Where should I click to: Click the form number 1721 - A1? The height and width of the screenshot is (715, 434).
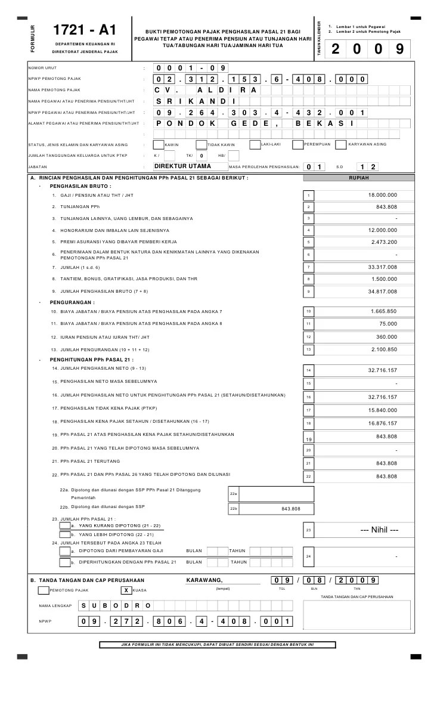point(85,30)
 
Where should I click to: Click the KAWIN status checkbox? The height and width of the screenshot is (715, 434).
point(159,144)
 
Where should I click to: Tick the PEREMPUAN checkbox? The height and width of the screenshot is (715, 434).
point(297,144)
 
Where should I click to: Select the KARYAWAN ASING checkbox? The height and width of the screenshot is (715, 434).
point(341,144)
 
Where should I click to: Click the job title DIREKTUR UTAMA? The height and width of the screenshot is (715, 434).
point(182,167)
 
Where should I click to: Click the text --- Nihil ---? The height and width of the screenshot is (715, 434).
point(376,530)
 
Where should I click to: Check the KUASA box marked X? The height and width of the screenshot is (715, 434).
point(126,590)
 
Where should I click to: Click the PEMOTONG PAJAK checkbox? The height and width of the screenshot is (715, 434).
point(43,590)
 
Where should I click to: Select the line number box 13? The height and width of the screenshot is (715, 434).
point(308,349)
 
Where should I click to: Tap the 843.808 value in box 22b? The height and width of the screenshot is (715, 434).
point(291,509)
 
